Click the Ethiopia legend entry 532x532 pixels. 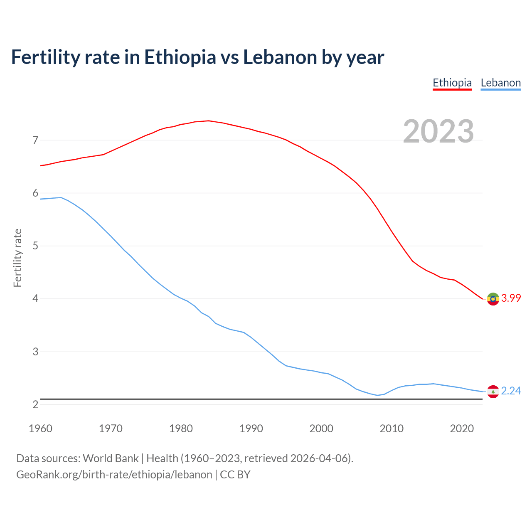[x=452, y=83]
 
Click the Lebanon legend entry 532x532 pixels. [x=500, y=83]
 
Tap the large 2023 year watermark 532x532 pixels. [x=438, y=131]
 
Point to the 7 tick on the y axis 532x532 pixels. [x=35, y=140]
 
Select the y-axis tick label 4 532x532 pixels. [x=35, y=298]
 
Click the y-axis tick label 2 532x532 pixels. [x=35, y=404]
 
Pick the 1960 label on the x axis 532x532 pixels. [x=40, y=429]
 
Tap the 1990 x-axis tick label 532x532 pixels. [x=251, y=429]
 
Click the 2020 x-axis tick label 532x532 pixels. [x=462, y=429]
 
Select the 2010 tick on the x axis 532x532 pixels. [x=392, y=429]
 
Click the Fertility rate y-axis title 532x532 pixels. [x=17, y=258]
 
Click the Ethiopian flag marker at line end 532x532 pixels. [x=493, y=299]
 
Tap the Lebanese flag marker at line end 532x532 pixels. [x=493, y=392]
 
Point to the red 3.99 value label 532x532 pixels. [x=511, y=298]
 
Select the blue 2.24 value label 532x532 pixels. [x=511, y=391]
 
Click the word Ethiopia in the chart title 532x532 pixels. [x=180, y=57]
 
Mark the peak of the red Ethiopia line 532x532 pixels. [x=208, y=121]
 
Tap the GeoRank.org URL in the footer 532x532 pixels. [x=114, y=475]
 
